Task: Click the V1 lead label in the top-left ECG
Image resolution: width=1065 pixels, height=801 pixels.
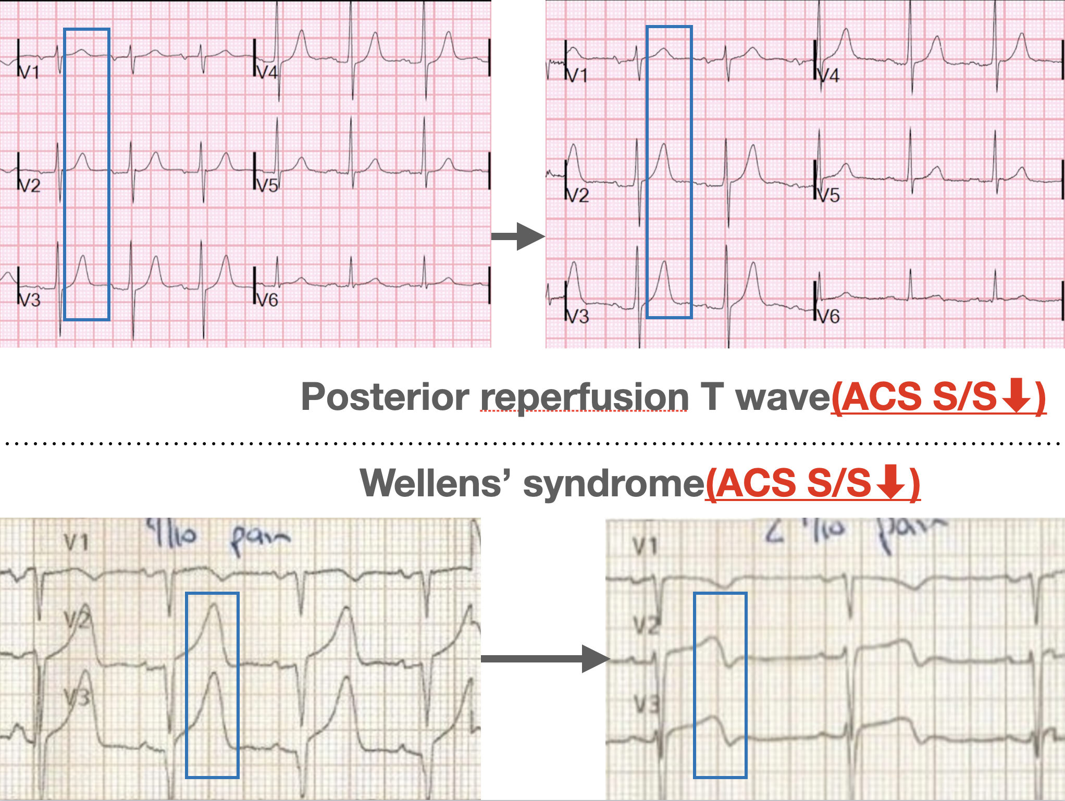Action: coord(30,72)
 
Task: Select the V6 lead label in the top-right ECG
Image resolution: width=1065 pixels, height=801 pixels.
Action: coord(828,316)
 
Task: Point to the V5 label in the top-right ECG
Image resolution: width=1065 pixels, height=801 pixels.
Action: coord(828,195)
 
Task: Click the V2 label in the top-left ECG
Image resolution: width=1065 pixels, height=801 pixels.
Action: coord(30,185)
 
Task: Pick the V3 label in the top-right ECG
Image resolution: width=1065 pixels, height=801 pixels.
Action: coord(578,316)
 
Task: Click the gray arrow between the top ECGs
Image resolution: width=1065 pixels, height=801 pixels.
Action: coord(518,236)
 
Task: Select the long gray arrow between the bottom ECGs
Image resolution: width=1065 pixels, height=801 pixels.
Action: coord(544,659)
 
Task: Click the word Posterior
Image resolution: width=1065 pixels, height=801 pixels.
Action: coord(385,397)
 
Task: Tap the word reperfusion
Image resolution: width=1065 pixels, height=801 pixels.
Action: coord(584,397)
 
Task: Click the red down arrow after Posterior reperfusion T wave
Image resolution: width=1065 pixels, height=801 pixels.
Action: coord(1017,396)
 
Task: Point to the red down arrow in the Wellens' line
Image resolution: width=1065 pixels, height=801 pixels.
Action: coord(890,482)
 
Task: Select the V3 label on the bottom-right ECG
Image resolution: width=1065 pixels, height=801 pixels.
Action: coord(647,705)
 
